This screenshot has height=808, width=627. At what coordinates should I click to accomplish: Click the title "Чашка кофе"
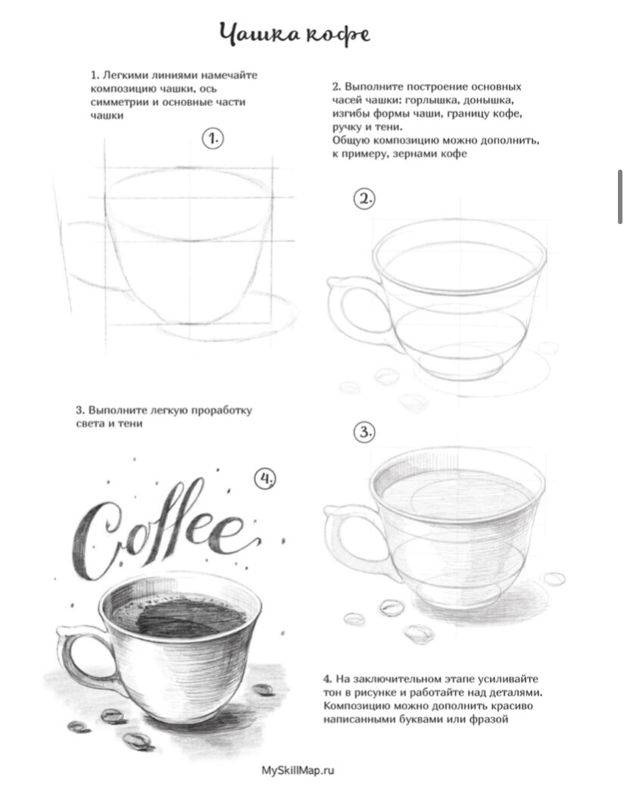tap(294, 35)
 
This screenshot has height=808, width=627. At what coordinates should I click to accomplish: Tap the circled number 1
tap(213, 138)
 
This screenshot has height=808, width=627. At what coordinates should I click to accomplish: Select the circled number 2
tap(364, 198)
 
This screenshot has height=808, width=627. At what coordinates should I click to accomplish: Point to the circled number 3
tap(364, 432)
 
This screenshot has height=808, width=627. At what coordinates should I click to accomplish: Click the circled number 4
tap(265, 479)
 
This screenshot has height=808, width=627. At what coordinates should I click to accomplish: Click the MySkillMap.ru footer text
tap(298, 770)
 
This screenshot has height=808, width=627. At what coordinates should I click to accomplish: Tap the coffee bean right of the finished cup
tap(263, 689)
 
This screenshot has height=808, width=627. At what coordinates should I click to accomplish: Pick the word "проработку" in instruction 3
tap(222, 411)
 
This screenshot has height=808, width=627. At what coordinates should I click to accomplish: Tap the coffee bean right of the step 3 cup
tap(554, 579)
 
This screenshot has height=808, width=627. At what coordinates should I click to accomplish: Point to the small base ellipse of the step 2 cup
tap(460, 363)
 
